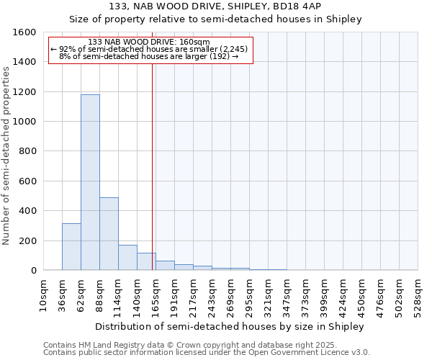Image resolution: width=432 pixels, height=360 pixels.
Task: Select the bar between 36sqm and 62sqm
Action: click(x=71, y=247)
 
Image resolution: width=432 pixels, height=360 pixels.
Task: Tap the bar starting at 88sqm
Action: click(x=109, y=234)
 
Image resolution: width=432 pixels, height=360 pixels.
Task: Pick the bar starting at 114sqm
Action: click(x=127, y=258)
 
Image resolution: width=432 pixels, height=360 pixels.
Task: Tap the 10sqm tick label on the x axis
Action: click(x=43, y=293)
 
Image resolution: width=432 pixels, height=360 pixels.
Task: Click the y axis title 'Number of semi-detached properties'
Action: click(x=6, y=153)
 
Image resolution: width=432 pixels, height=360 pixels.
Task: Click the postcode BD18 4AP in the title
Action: click(x=285, y=6)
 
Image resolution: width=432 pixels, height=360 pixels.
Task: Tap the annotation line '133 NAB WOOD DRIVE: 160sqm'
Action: click(x=151, y=42)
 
